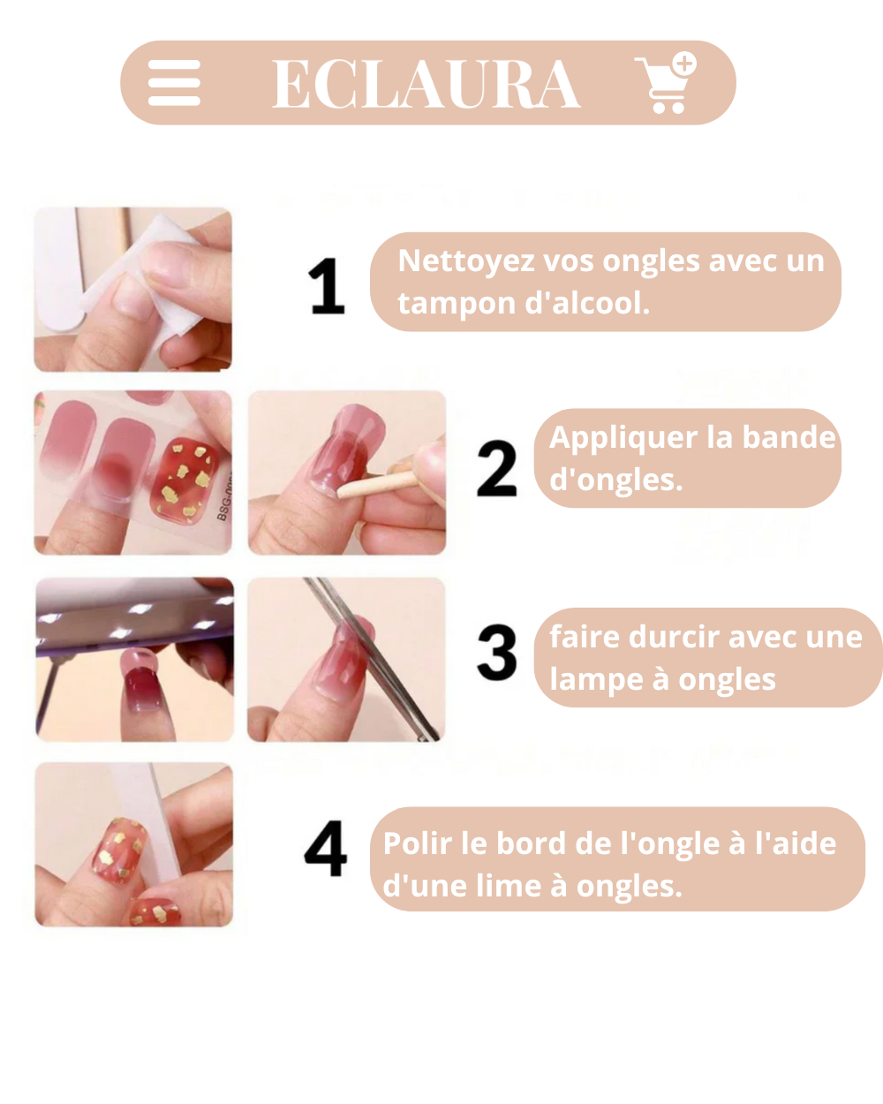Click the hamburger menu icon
(174, 83)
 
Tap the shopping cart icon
(666, 83)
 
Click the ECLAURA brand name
(426, 83)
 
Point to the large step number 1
(327, 286)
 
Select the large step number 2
(496, 468)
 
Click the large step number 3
(496, 653)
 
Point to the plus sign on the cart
(684, 64)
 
